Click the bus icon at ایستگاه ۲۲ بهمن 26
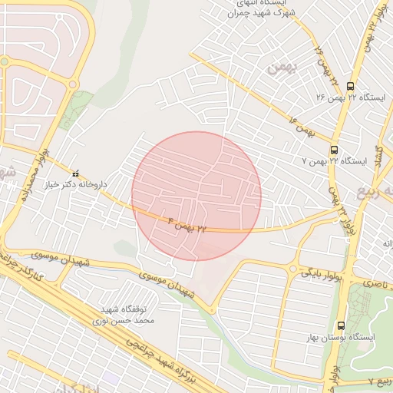(x=351, y=86)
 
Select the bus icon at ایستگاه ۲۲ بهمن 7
(x=334, y=150)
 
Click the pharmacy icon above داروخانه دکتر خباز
(x=75, y=174)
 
